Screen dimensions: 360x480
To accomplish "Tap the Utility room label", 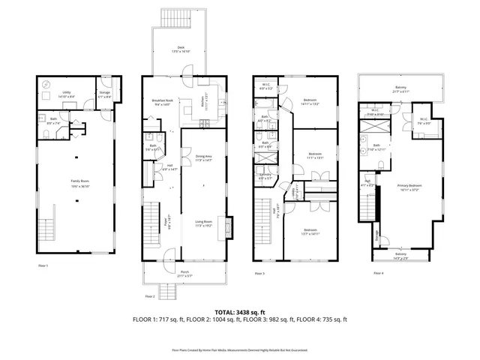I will coord(56,94).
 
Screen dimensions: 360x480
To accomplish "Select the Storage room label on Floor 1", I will coord(103,94).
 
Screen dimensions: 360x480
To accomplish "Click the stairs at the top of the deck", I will coord(176,19).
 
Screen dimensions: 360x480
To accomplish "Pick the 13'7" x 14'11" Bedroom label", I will coord(310,232).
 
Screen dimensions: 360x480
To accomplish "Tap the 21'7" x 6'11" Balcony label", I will coord(401,89).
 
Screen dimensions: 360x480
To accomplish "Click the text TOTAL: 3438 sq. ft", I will coord(240,311).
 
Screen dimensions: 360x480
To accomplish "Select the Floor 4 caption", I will coord(378,273).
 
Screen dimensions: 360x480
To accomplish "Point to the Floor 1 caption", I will coord(43,265).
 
